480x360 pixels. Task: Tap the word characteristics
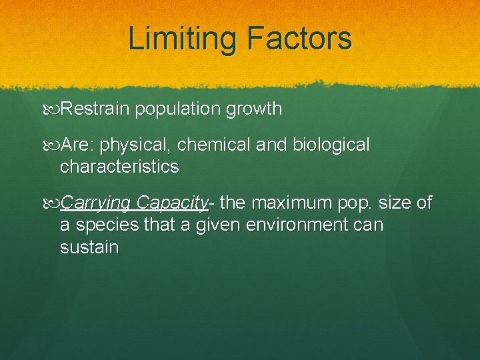pyautogui.click(x=119, y=166)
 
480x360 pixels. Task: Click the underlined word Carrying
pyautogui.click(x=95, y=203)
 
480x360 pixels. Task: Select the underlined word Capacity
pyautogui.click(x=173, y=203)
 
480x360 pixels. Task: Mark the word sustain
pyautogui.click(x=89, y=248)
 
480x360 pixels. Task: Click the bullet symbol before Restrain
pyautogui.click(x=53, y=109)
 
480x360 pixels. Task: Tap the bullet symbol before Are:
pyautogui.click(x=53, y=145)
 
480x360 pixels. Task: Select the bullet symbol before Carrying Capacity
pyautogui.click(x=53, y=203)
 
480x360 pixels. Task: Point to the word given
pyautogui.click(x=218, y=225)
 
